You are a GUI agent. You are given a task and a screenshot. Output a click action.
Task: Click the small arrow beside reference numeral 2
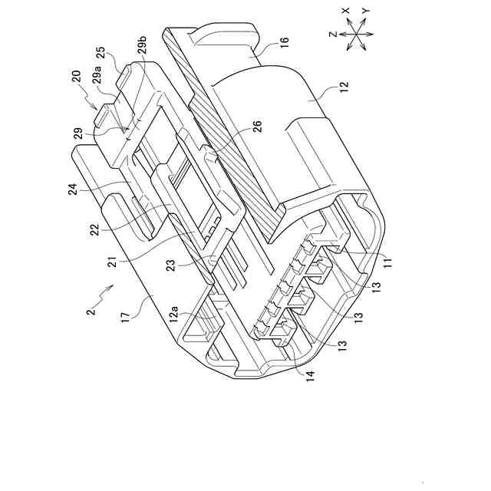pos(109,289)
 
